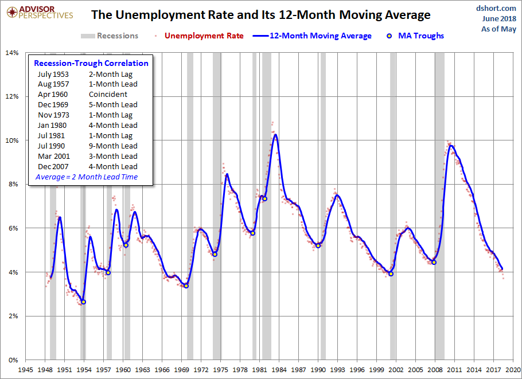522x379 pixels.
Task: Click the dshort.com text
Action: pos(496,8)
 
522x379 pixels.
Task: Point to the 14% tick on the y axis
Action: pos(12,53)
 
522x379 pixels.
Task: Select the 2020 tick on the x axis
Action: pos(513,370)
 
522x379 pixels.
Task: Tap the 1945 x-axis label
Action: pos(25,370)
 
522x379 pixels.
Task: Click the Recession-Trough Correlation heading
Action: pos(91,63)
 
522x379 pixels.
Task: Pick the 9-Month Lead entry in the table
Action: pos(113,146)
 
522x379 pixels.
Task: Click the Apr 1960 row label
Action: pos(53,94)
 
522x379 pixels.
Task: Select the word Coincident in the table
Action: pos(108,94)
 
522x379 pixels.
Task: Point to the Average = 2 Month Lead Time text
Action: pos(87,177)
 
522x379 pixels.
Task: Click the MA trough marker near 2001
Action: pos(391,274)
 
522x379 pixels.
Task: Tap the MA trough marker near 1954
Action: pos(84,302)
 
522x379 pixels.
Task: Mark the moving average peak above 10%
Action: pos(276,135)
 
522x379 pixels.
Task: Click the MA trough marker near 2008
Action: pos(434,263)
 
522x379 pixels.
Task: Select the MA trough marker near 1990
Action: pos(318,246)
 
